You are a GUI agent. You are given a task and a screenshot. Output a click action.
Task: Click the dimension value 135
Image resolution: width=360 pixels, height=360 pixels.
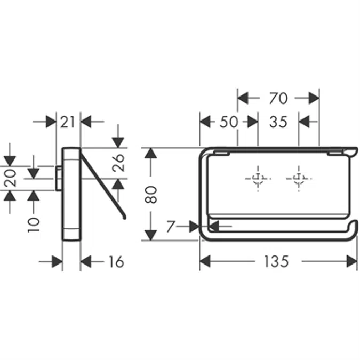point(276,261)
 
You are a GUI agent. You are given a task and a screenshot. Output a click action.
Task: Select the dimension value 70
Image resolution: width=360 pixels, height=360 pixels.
point(278,98)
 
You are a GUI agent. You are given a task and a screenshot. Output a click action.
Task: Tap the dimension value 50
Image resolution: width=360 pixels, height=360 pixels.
point(228,122)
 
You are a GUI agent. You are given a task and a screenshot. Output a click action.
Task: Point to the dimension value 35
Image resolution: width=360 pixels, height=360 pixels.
point(278,122)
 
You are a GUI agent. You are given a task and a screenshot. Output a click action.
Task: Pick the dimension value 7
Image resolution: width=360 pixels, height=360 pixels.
point(171,227)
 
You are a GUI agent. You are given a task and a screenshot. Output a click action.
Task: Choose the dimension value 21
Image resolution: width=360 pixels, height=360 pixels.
point(68,122)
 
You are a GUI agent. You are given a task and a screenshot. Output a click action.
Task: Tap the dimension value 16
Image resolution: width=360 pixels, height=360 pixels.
point(115,261)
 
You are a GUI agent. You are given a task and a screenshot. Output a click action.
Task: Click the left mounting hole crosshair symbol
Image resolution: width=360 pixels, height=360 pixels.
point(258,178)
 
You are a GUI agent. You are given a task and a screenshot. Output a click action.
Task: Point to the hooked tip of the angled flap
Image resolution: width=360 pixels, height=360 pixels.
point(124,216)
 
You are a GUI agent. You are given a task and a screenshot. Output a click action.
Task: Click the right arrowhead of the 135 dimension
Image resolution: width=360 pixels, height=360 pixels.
point(353,261)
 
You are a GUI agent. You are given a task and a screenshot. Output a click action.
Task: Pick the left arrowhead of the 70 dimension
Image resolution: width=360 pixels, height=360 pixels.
point(243,98)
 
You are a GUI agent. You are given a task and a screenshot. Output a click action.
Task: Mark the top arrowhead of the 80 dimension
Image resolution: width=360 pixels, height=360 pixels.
point(151,153)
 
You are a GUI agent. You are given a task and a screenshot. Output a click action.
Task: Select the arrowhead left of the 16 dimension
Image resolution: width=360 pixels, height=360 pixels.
point(57,261)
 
